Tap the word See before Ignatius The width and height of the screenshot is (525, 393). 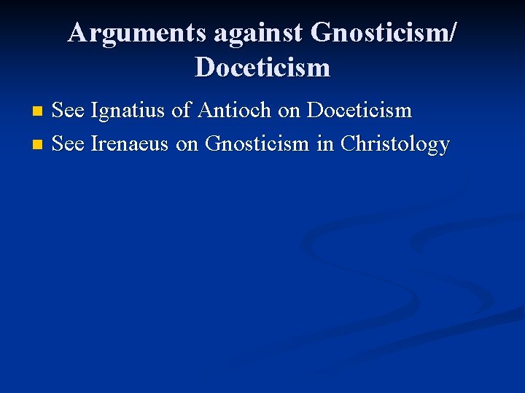coord(69,111)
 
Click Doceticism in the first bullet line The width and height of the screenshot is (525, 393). coord(359,111)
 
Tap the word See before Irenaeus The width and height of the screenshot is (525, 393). coord(69,143)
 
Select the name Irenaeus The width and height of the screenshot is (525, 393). coord(131,143)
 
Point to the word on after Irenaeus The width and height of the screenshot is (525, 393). coord(187,143)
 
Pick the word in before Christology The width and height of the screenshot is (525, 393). coord(324,143)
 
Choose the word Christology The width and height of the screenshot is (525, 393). coord(394,143)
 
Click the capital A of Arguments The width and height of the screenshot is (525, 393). coord(77,33)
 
